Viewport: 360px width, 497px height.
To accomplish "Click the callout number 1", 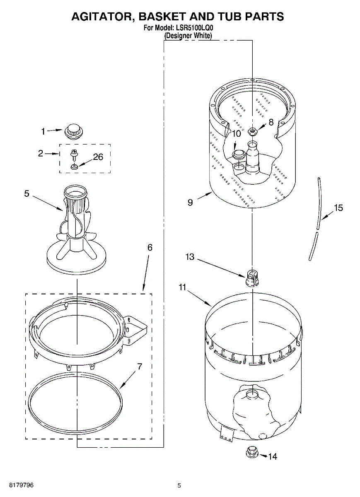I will [x=43, y=132].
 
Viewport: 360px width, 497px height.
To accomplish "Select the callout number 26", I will [x=98, y=157].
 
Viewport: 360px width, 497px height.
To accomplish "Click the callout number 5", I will [x=27, y=193].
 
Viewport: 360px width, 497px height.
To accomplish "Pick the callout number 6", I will [x=150, y=248].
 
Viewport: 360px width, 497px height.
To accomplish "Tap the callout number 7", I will [x=140, y=367].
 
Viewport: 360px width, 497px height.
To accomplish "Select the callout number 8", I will [x=271, y=122].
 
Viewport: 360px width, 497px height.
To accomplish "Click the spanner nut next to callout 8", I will [x=252, y=131].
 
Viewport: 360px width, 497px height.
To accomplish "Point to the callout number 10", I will [x=236, y=134].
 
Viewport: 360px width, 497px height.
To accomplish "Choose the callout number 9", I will [x=190, y=203].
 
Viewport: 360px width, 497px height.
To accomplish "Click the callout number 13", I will [x=190, y=257].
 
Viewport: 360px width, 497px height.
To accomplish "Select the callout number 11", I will [x=183, y=287].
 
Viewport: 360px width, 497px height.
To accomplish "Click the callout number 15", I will [x=338, y=208].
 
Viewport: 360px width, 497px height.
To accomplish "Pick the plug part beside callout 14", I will [x=251, y=452].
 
